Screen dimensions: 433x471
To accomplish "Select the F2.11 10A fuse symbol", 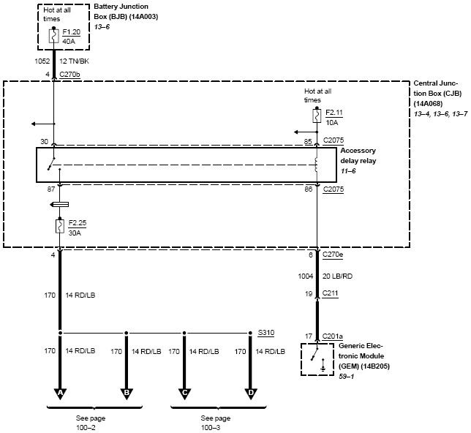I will pos(316,116).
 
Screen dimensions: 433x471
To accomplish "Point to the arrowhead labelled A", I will pos(60,393).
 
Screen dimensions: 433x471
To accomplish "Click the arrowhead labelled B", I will pos(127,393).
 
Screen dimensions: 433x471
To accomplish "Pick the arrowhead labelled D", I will pos(250,393).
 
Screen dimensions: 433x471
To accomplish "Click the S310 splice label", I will pos(266,332).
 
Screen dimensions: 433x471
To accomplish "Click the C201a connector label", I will pos(334,336).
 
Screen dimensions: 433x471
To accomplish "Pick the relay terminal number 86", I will pos(309,189).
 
